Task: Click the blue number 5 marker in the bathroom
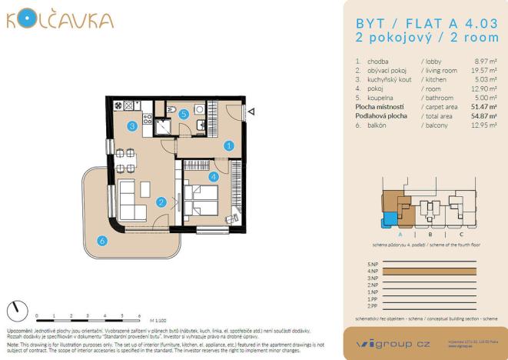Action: (x=184, y=115)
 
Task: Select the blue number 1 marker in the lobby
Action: (x=229, y=145)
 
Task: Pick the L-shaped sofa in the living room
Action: (x=131, y=201)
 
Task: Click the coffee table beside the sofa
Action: (x=145, y=188)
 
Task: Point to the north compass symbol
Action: (x=16, y=311)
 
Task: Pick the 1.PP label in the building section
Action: (x=374, y=299)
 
